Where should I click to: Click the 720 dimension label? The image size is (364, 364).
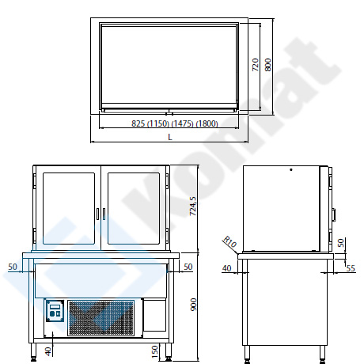coord(256,65)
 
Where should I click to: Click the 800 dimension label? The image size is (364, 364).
coord(267,65)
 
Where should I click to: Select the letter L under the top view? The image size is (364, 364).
coord(170,137)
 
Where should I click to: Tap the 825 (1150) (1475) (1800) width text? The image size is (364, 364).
coord(175,123)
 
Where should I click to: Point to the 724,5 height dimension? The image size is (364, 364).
coord(193,207)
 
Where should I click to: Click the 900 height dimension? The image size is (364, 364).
coord(193,305)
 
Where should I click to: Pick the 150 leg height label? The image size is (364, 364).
coord(155,352)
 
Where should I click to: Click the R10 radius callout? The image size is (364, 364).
coord(230,241)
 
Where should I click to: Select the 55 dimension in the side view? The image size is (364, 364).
coord(351,268)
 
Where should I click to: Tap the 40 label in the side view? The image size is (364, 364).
coord(226,268)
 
